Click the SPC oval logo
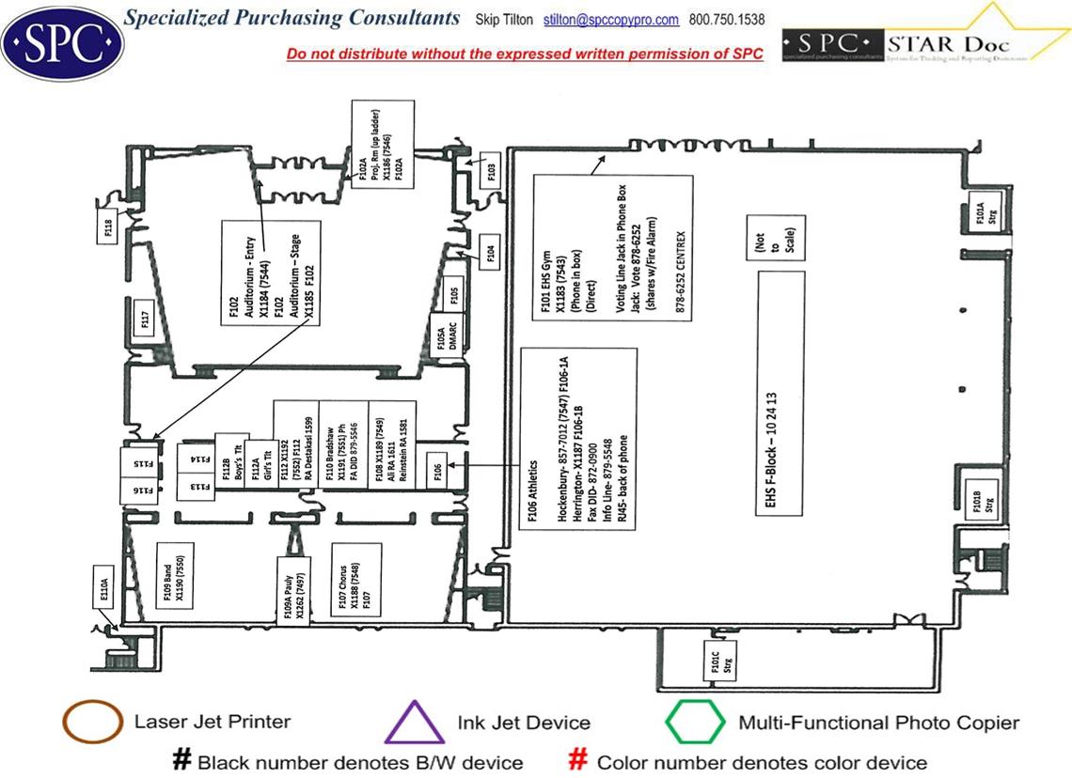pos(62,40)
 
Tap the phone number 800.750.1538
pos(727,20)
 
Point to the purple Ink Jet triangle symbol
pos(415,724)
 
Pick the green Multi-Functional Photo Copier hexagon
pos(695,723)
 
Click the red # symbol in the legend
pos(579,761)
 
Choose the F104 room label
pos(491,254)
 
